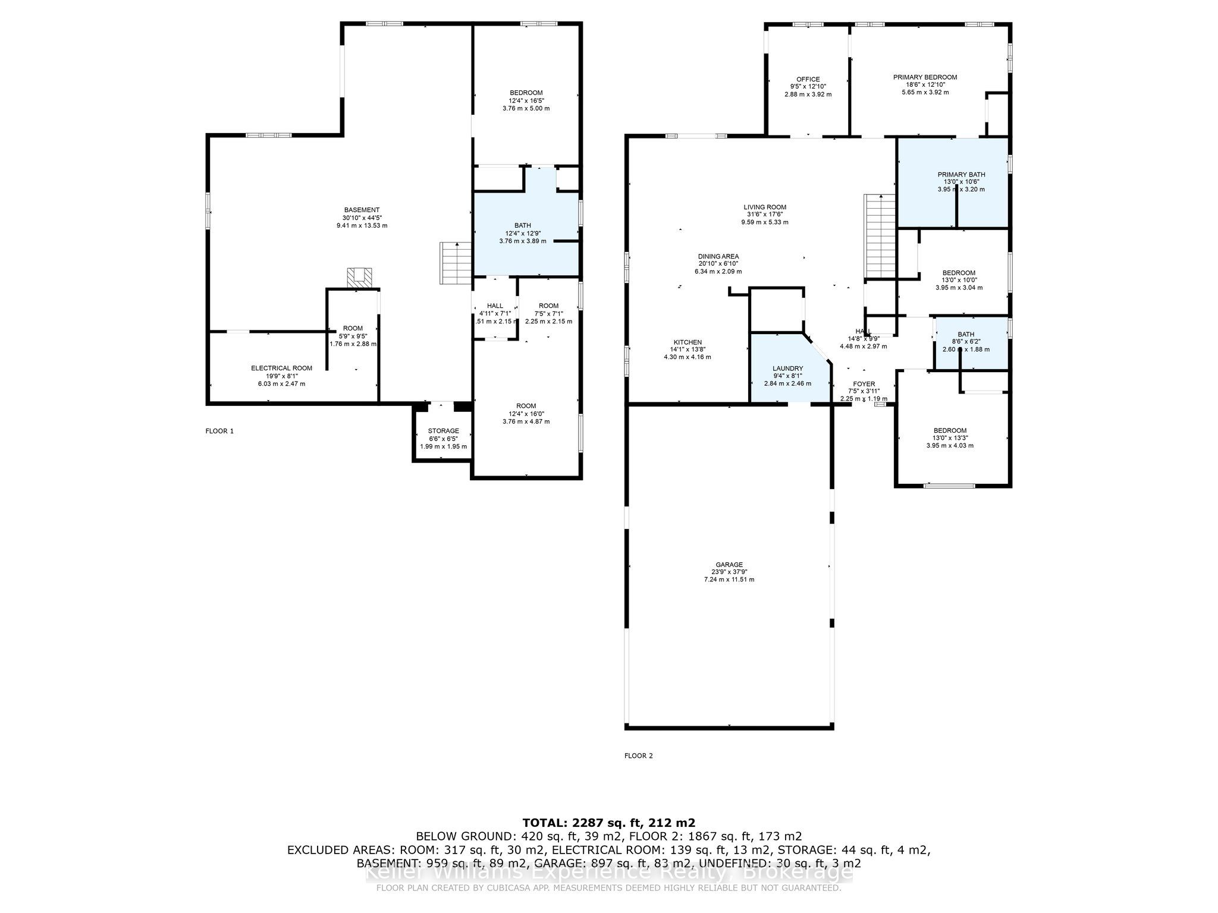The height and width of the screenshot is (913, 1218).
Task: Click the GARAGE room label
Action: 729,565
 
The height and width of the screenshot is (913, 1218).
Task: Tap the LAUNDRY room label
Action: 787,369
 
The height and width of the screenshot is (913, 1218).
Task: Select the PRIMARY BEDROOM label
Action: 925,77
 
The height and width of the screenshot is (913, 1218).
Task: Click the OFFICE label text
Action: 808,79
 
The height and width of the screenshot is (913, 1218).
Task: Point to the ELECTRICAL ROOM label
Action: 281,369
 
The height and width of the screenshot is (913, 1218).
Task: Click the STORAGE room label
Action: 443,431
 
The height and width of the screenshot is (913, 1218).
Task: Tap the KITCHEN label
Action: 687,342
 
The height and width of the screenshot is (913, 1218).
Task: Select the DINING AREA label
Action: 718,256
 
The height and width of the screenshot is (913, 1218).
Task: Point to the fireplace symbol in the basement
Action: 361,278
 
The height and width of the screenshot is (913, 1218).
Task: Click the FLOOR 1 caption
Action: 219,431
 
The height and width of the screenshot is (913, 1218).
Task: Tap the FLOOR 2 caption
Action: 638,756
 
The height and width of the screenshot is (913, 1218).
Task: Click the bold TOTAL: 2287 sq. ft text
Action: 608,823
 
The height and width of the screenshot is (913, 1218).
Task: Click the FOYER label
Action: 864,384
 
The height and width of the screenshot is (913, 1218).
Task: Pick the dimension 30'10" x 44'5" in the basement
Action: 362,218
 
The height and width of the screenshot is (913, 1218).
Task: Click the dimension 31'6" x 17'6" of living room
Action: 764,215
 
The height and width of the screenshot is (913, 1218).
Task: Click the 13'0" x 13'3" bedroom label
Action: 950,437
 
